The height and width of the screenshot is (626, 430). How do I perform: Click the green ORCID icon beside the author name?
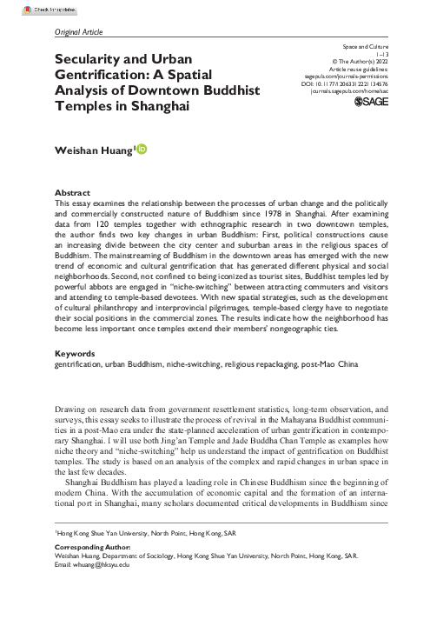pos(142,150)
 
